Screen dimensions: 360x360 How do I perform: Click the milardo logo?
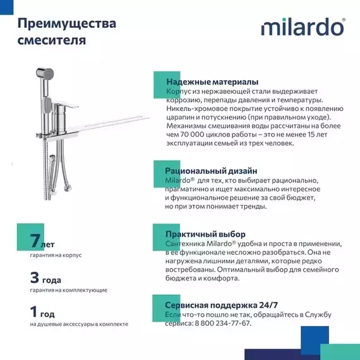pyautogui.click(x=303, y=28)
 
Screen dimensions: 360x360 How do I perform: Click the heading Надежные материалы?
pyautogui.click(x=211, y=82)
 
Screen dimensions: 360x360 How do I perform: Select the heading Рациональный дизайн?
pyautogui.click(x=210, y=171)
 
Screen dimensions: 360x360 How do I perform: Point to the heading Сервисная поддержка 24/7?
pyautogui.click(x=221, y=304)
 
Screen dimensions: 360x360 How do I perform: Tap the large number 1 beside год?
pyautogui.click(x=34, y=311)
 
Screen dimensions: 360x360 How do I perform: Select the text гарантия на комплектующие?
pyautogui.click(x=68, y=290)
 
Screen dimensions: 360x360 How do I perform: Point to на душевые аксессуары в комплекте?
pyautogui.click(x=79, y=324)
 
